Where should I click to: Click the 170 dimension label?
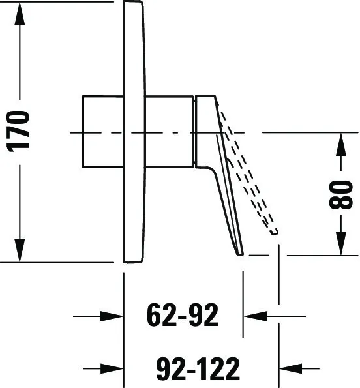click(18, 131)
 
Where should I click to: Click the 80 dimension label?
click(341, 195)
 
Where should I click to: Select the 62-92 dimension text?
click(183, 315)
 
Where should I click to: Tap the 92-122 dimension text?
click(198, 368)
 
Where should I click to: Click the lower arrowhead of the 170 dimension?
click(20, 250)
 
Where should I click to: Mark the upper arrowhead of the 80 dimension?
click(341, 144)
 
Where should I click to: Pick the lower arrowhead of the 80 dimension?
click(341, 243)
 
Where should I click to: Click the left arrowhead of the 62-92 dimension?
click(112, 316)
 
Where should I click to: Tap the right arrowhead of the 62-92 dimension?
click(256, 316)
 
